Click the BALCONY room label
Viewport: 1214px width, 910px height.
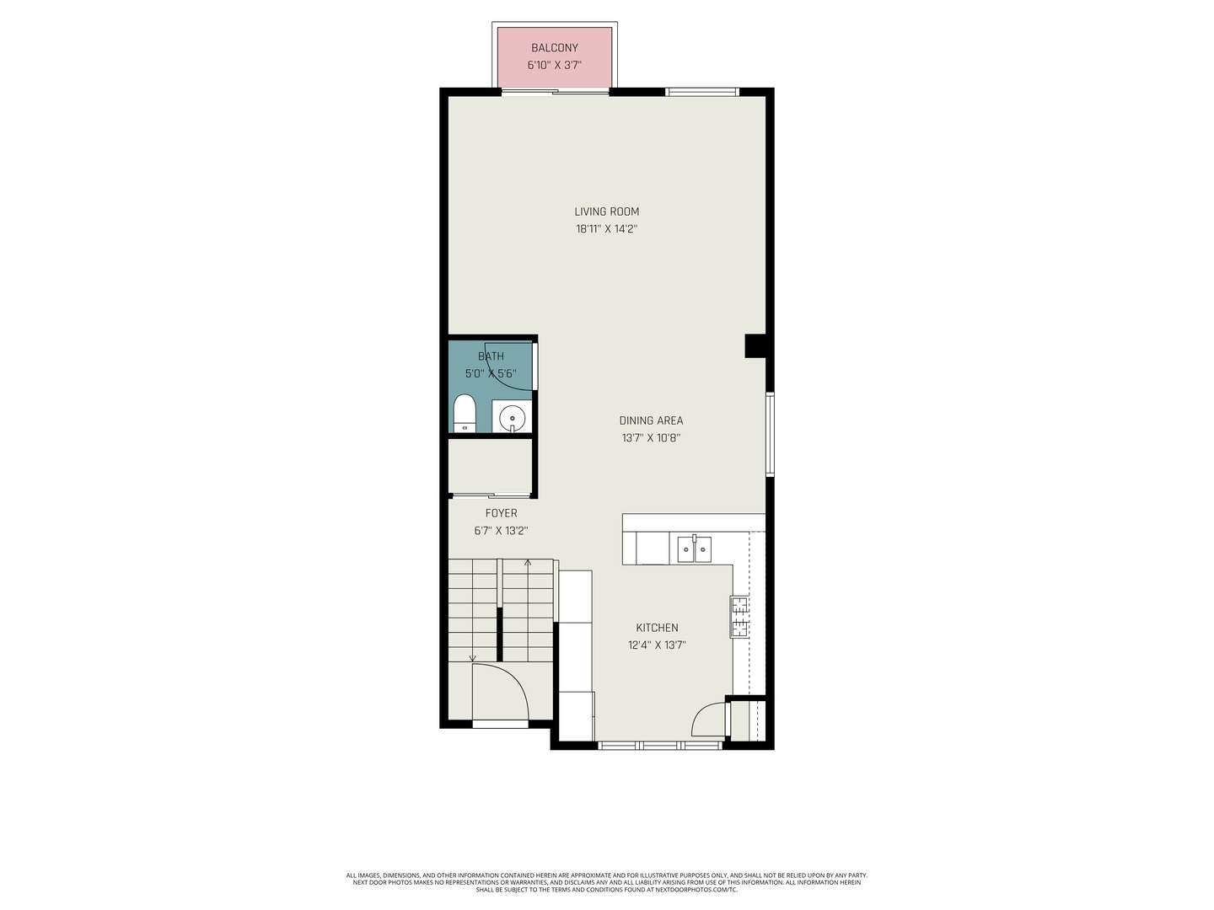coord(554,48)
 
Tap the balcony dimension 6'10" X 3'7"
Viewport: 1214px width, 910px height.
coord(554,66)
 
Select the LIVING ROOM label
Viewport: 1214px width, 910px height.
coord(606,211)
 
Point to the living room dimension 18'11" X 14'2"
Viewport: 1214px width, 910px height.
coord(607,228)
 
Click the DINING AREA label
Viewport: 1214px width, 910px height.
coord(651,421)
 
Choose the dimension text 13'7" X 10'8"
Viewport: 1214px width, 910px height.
coord(651,438)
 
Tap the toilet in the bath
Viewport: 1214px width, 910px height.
coord(464,413)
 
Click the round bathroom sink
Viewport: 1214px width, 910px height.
coord(512,418)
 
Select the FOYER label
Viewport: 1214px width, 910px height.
coord(501,513)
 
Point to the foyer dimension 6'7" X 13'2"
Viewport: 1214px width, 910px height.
coord(501,531)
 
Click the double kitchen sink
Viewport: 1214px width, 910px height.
coord(694,549)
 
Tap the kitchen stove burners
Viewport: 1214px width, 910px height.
coord(739,617)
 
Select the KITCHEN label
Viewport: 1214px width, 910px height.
coord(657,628)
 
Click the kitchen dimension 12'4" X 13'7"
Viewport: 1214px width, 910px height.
coord(657,645)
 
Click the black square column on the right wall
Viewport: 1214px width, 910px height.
coord(755,345)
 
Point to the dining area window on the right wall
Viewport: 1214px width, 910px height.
coord(770,434)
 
